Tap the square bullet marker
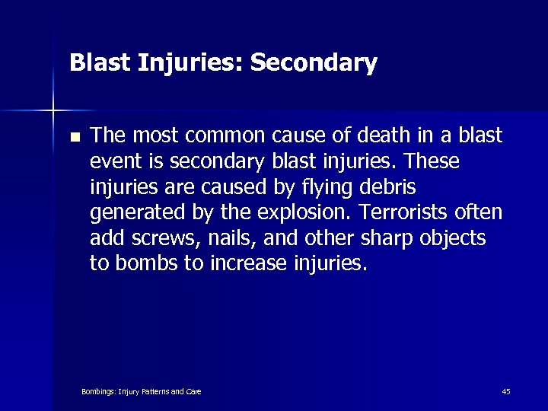[x=74, y=138]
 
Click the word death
[x=382, y=136]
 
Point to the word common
[x=223, y=136]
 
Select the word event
[x=115, y=162]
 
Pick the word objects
[x=455, y=239]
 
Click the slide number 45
[x=506, y=391]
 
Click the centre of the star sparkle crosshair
[x=53, y=111]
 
